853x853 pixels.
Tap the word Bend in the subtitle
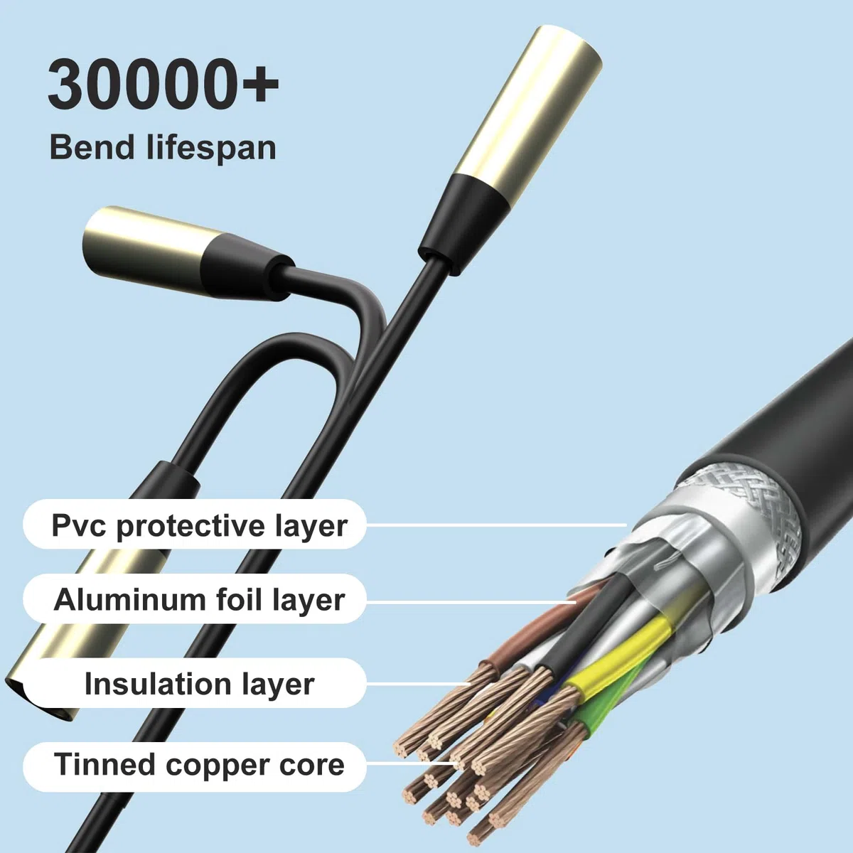[92, 147]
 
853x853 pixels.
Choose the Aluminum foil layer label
[195, 599]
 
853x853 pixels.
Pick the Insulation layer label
[195, 684]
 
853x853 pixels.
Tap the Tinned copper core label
[195, 764]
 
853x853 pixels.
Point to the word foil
[240, 599]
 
